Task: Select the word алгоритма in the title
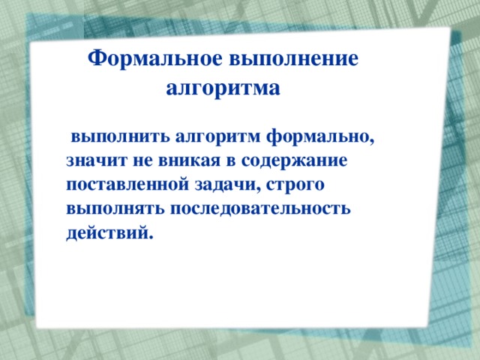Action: [222, 89]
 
